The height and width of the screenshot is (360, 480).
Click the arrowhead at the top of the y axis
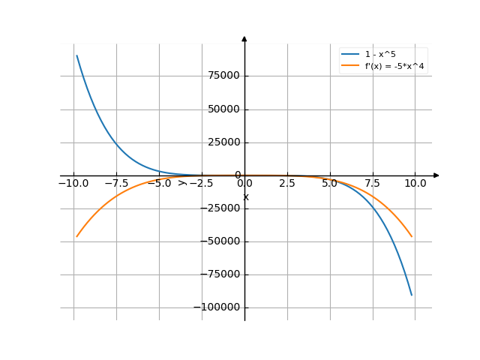(x=244, y=37)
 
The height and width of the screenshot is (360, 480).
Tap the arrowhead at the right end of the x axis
(x=436, y=175)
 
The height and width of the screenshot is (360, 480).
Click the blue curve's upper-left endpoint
(x=76, y=55)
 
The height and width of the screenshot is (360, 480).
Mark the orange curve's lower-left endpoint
(x=76, y=237)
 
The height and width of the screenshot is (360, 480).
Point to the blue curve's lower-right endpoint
(x=412, y=295)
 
